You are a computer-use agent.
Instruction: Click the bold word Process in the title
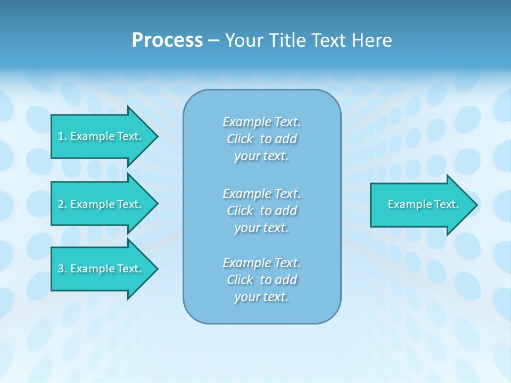167,40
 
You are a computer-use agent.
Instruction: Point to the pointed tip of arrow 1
156,136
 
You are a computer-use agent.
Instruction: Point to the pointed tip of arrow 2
156,204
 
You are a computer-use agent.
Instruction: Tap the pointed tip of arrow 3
156,269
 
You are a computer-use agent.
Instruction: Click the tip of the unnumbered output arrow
476,205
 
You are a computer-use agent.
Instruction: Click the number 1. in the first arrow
62,136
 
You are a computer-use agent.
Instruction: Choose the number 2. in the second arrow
62,204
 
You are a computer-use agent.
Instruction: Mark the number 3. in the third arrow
62,269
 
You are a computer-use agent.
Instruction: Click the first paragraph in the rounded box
261,139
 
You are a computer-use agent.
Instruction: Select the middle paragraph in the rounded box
261,211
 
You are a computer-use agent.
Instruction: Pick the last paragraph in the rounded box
261,280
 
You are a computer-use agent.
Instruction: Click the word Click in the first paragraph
240,139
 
